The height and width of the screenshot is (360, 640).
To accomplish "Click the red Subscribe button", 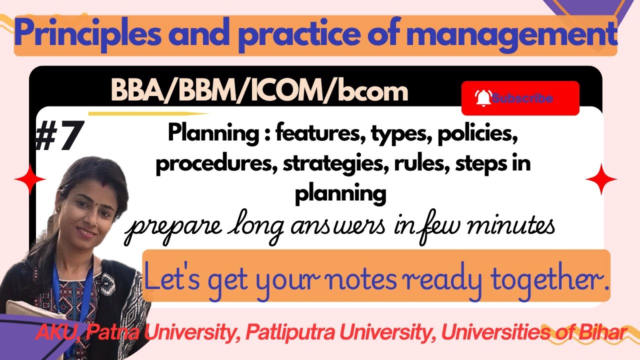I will point(520,98).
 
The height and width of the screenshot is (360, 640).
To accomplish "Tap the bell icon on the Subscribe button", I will point(483,98).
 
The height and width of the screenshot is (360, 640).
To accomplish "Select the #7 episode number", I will point(57,136).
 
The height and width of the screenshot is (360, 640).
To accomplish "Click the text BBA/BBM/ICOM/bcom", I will point(259,91).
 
